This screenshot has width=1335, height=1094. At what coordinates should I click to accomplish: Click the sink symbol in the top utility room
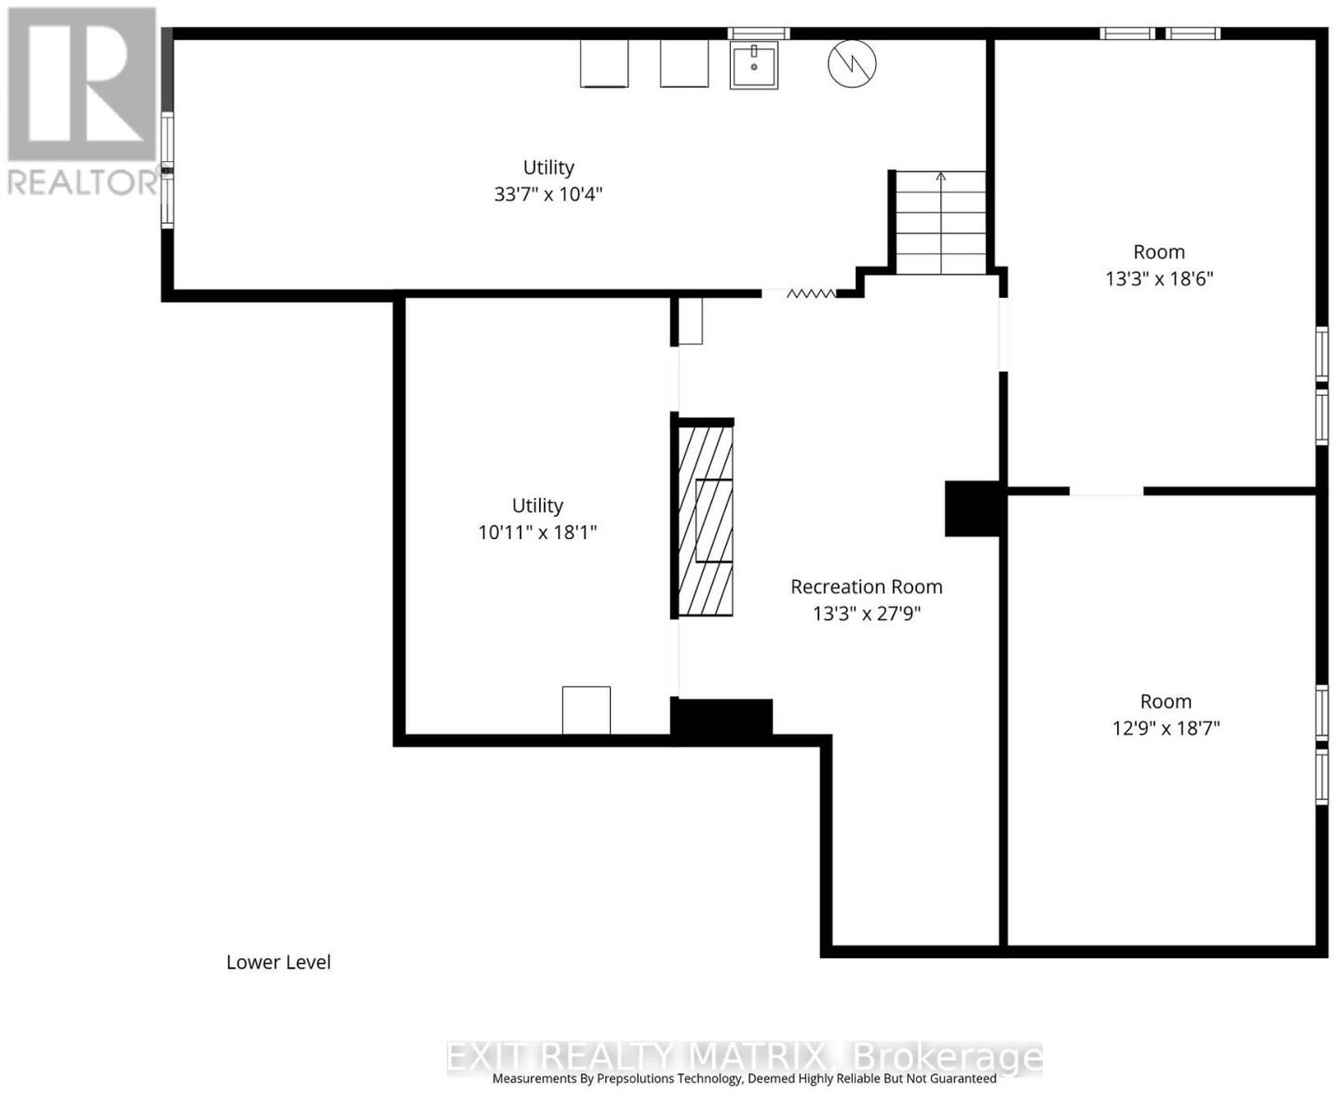point(753,64)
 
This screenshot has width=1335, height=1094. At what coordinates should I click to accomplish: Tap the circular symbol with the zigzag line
point(852,63)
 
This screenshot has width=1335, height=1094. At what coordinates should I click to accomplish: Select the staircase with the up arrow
point(940,222)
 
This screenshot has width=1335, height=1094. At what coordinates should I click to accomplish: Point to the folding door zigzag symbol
point(811,293)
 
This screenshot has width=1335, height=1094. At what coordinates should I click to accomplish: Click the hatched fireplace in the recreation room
point(705,521)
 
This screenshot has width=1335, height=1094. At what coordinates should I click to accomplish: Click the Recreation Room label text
point(867,587)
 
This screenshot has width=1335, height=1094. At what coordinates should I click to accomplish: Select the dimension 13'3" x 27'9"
point(867,613)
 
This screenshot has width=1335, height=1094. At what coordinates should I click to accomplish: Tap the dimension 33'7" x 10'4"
point(548,194)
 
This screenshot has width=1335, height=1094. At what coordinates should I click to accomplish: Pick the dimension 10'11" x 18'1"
point(537,532)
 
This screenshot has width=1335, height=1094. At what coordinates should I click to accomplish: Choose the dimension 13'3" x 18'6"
point(1159,279)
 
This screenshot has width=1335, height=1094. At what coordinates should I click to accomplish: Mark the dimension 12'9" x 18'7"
point(1166,728)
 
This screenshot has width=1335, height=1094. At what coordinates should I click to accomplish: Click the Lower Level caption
point(279,962)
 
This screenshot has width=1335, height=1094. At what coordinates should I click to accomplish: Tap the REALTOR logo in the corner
point(82,100)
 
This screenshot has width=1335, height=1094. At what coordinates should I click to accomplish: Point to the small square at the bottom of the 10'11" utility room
point(587,710)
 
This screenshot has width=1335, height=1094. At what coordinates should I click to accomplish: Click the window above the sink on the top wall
point(758,33)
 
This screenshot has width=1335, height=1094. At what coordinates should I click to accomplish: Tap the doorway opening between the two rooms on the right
point(1106,491)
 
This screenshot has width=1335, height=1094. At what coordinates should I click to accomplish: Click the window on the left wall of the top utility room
point(167,170)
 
